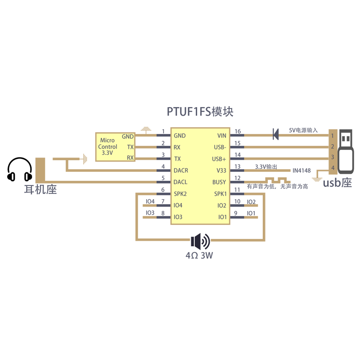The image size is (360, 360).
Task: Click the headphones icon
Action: click(x=20, y=170)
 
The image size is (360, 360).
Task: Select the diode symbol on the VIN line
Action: click(x=275, y=133)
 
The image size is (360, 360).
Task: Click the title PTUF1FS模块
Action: click(x=200, y=112)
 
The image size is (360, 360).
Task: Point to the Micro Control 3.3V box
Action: click(x=115, y=147)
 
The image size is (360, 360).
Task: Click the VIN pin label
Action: click(x=222, y=135)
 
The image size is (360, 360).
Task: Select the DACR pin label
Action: click(x=181, y=171)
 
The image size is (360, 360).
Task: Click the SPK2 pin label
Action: click(x=180, y=194)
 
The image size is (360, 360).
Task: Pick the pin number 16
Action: click(x=238, y=131)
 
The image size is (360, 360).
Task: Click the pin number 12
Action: click(x=238, y=179)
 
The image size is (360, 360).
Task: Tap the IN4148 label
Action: click(x=301, y=171)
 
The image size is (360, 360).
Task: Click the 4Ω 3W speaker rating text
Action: click(x=199, y=256)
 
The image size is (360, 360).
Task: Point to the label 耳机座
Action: click(x=40, y=190)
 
